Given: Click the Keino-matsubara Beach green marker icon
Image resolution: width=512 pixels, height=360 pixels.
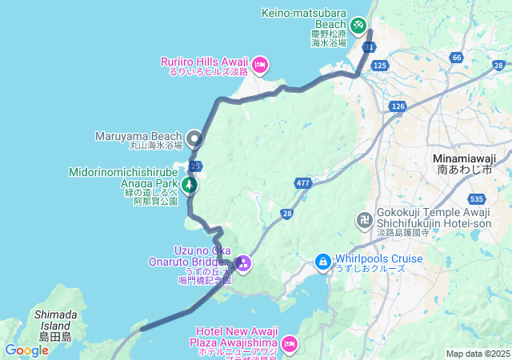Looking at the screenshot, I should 358,26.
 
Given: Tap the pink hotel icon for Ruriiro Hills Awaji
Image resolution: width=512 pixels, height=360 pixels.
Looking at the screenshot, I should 259,64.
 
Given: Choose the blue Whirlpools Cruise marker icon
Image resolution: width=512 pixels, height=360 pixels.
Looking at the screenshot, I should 322,261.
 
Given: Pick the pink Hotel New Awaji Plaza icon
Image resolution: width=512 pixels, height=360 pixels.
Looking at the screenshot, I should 288,343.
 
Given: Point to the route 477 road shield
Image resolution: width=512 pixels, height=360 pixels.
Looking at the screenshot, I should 302,182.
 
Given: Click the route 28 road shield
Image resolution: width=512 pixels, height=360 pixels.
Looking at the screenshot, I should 287,214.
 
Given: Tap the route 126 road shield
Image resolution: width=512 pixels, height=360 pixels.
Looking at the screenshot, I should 398,106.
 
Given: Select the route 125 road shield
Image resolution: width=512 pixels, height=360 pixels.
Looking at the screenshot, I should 380,65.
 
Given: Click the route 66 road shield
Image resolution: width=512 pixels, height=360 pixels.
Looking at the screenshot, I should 456,58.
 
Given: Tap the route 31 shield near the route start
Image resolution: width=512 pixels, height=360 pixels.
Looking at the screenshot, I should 368,48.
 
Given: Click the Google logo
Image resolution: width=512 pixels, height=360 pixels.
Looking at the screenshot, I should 26,350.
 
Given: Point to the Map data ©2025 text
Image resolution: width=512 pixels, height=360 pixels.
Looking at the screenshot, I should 477,354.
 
